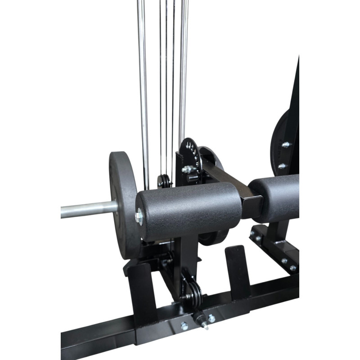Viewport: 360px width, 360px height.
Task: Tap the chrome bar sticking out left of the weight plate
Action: click(x=85, y=209)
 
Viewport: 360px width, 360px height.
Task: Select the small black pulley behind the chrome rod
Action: click(x=164, y=181)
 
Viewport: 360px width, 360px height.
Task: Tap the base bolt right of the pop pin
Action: click(x=211, y=318)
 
